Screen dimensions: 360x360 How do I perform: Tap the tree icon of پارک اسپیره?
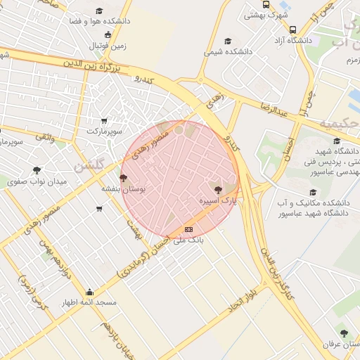pos(217,189)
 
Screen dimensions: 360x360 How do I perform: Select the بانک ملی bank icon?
pos(188,229)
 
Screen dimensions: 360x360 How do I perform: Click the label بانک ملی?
pos(188,240)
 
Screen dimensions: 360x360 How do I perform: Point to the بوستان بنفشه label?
pos(124,189)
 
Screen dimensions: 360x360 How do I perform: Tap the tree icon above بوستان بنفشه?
pos(124,178)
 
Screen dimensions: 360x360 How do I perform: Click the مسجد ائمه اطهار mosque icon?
pos(89,292)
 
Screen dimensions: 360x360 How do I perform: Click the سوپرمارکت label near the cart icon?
pos(104,131)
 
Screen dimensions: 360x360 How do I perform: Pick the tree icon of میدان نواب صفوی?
pos(37,170)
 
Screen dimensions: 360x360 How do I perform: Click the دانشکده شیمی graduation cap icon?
pos(227,41)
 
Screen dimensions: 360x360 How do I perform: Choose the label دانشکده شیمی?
pos(228,52)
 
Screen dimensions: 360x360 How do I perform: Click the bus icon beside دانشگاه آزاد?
pos(292,30)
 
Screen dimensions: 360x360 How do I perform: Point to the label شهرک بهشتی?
pos(264,15)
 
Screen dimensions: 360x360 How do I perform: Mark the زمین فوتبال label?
pos(106,46)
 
